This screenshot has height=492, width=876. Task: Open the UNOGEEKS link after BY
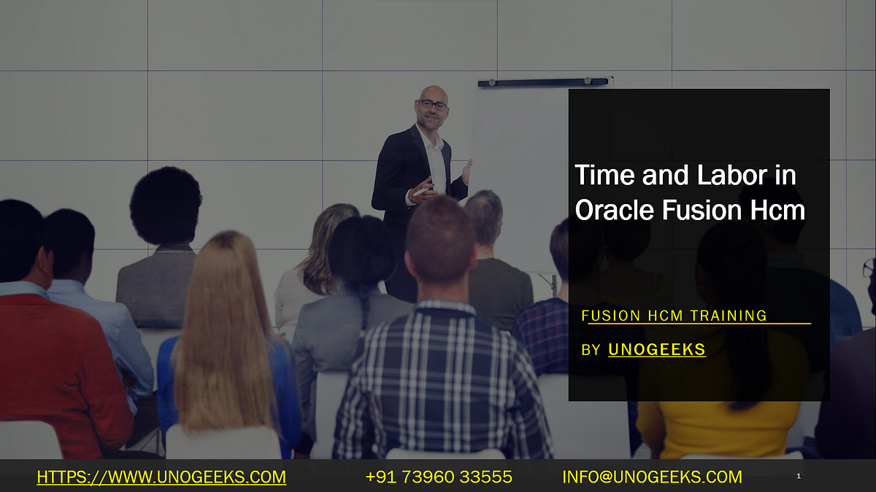(x=657, y=350)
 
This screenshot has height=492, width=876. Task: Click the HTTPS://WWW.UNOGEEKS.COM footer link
(x=161, y=477)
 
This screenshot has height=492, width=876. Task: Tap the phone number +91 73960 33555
(x=439, y=477)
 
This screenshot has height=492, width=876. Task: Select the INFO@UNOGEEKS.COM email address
(x=652, y=477)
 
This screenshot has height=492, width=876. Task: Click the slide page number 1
(x=799, y=477)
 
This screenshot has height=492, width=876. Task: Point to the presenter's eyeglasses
(x=433, y=106)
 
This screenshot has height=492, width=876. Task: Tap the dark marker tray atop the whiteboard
(x=543, y=82)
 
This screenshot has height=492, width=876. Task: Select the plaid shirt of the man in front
(x=438, y=379)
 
